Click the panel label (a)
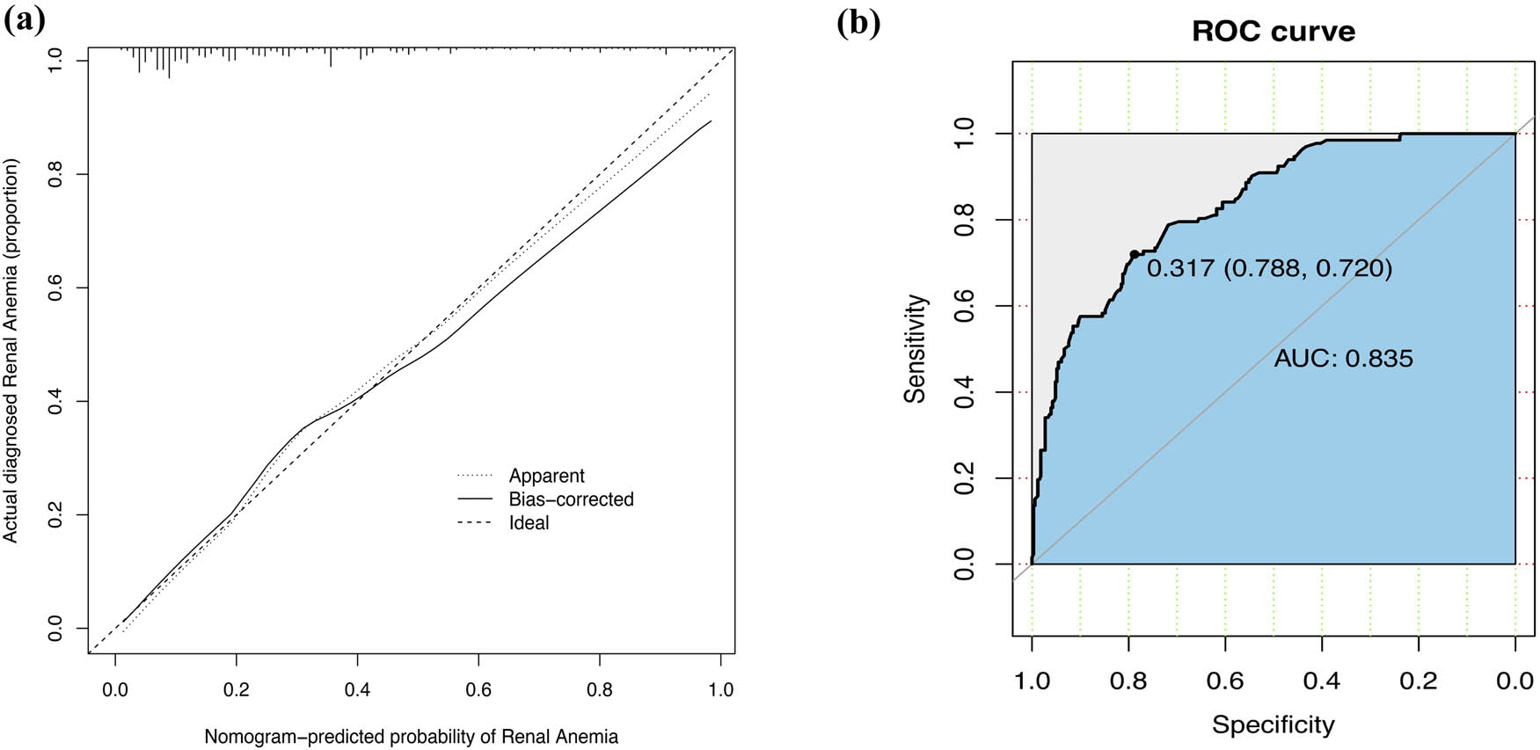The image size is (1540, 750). [24, 19]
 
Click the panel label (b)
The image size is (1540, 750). [858, 22]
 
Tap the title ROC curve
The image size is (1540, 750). [1273, 32]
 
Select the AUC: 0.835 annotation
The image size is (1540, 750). [1343, 359]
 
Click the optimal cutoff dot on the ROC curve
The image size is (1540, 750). [1134, 254]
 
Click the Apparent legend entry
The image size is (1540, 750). [546, 476]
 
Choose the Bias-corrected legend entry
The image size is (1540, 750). [571, 499]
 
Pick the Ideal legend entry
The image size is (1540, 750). [529, 523]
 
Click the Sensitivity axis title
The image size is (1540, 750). [916, 349]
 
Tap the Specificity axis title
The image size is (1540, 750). [1273, 725]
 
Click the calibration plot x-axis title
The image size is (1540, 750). [411, 737]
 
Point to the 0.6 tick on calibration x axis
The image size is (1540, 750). [478, 689]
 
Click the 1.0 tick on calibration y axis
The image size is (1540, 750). [55, 61]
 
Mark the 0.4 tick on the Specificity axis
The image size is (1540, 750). [1321, 681]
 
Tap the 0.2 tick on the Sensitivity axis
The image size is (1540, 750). [965, 478]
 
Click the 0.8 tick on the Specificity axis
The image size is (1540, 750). [1128, 681]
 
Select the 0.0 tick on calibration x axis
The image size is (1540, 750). [115, 689]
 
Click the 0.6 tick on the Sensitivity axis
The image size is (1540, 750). [965, 306]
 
